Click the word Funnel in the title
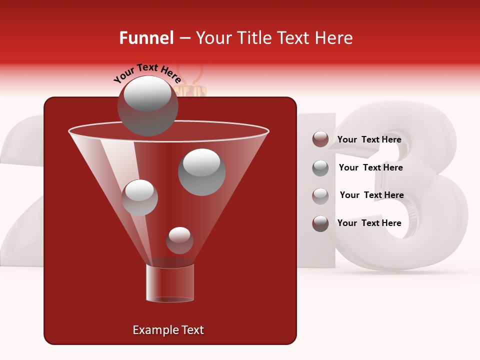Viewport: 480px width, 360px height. pyautogui.click(x=146, y=38)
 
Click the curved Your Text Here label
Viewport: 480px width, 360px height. pyautogui.click(x=147, y=73)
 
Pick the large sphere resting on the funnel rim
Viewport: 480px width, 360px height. pyautogui.click(x=147, y=106)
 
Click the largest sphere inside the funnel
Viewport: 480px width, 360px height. pyautogui.click(x=202, y=172)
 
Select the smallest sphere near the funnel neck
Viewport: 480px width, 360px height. pyautogui.click(x=179, y=240)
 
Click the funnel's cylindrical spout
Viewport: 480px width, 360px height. pyautogui.click(x=170, y=283)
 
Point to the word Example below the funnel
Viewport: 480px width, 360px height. pyautogui.click(x=151, y=330)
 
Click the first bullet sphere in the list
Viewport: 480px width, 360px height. pyautogui.click(x=320, y=139)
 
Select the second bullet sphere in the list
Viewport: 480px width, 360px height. pyautogui.click(x=320, y=168)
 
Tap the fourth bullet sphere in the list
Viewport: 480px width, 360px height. pyautogui.click(x=320, y=223)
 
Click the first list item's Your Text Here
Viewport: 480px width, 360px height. pyautogui.click(x=369, y=140)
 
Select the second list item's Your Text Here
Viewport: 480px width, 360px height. pyautogui.click(x=370, y=168)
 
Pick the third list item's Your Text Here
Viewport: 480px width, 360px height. pyautogui.click(x=371, y=195)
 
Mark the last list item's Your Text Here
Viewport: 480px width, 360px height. pyautogui.click(x=369, y=223)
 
